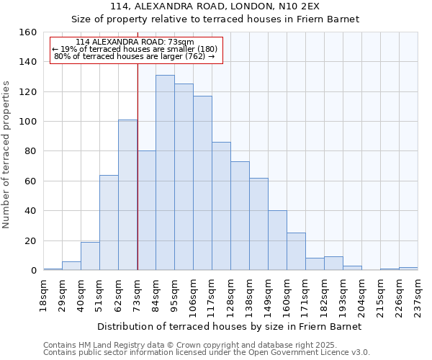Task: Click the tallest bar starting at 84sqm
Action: point(165,173)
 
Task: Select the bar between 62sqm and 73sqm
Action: point(127,195)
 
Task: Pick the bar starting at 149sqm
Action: point(277,240)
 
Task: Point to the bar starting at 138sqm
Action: point(258,224)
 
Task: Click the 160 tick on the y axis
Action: point(29,32)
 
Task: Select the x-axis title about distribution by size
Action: point(230,326)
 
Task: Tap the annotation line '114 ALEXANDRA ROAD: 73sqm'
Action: point(135,42)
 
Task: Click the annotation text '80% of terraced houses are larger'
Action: point(134,56)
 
